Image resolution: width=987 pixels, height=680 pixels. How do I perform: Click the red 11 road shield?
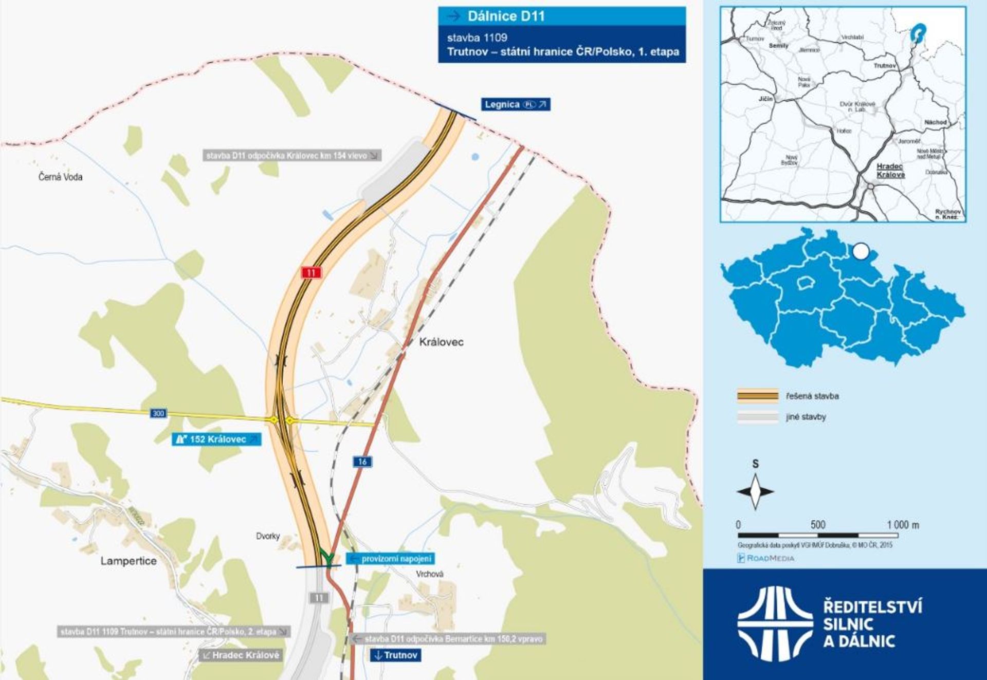[x=311, y=272]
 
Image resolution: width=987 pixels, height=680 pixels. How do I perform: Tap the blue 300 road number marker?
[x=158, y=413]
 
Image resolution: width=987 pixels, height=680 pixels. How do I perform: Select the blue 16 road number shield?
[x=362, y=462]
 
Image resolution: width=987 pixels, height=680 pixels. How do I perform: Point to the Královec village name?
[x=441, y=342]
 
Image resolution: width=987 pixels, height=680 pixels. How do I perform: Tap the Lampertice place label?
[x=129, y=561]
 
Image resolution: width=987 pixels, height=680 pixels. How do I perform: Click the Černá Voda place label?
[x=61, y=177]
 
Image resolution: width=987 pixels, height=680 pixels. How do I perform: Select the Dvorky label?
[x=268, y=536]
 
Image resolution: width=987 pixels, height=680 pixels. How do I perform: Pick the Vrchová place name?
[x=429, y=574]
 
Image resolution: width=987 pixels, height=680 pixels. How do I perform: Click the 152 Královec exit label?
[x=216, y=439]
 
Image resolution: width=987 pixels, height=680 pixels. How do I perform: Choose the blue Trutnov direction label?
[x=395, y=655]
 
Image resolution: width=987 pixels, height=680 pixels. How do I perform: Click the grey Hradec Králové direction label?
[x=241, y=655]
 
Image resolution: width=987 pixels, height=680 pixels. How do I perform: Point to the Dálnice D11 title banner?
[x=561, y=16]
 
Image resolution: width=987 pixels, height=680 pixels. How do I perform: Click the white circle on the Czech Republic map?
[x=860, y=252]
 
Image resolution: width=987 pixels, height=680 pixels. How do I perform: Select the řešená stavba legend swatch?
[x=757, y=396]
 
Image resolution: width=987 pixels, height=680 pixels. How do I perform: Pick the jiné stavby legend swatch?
[x=757, y=417]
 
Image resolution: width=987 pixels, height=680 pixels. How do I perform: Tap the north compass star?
[x=755, y=491]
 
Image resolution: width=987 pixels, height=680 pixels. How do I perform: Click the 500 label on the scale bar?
[x=818, y=525]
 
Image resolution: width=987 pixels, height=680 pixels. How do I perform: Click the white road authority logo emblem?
[x=775, y=623]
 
